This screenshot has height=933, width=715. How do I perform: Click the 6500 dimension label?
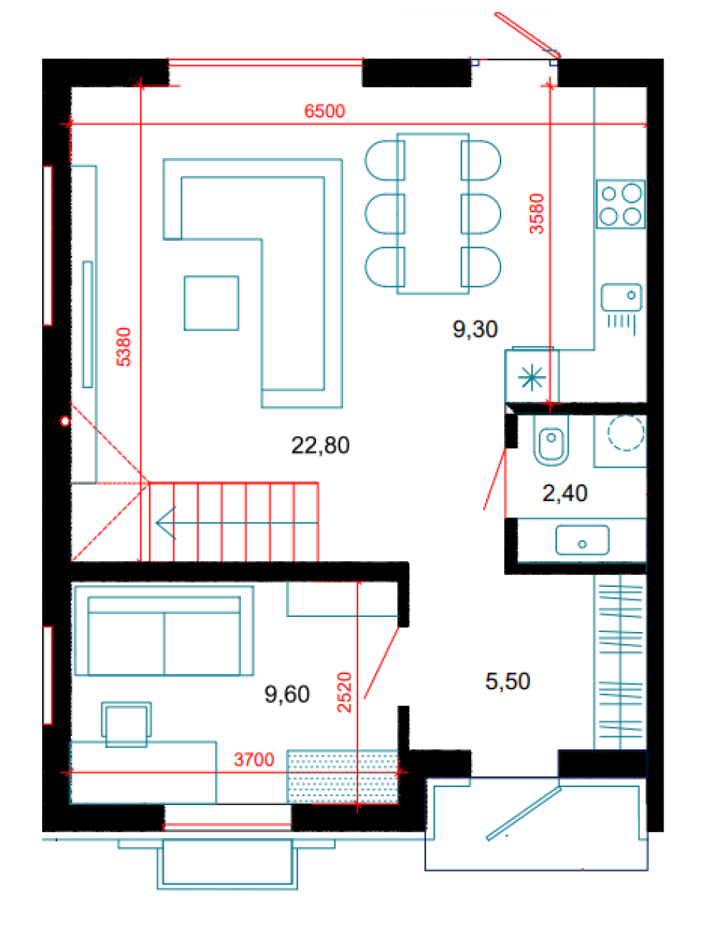[x=324, y=111]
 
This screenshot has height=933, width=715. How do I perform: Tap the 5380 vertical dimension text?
[x=123, y=347]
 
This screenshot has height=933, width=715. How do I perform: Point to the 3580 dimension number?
[x=536, y=214]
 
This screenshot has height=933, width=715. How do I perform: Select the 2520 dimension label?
[x=344, y=692]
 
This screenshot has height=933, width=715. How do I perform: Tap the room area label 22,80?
[x=320, y=445]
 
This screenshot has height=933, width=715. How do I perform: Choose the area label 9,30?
[x=475, y=330]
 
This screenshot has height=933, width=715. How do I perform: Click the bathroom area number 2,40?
[x=565, y=493]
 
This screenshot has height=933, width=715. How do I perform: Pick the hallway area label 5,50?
[x=508, y=681]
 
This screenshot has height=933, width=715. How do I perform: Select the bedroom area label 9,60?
[x=287, y=694]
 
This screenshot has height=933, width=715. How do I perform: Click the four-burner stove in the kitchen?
[x=621, y=204]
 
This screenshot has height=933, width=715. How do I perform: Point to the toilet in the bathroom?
[x=551, y=440]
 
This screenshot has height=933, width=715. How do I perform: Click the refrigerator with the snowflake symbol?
[x=532, y=375]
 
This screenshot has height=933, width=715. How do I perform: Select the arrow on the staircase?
[x=237, y=523]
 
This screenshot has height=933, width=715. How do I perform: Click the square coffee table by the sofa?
[x=211, y=303]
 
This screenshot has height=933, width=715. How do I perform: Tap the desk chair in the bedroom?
[x=127, y=724]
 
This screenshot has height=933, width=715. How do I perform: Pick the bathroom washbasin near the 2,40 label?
[x=582, y=540]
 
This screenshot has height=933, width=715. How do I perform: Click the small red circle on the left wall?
[x=65, y=421]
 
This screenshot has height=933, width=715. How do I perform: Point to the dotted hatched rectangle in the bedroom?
[x=342, y=776]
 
